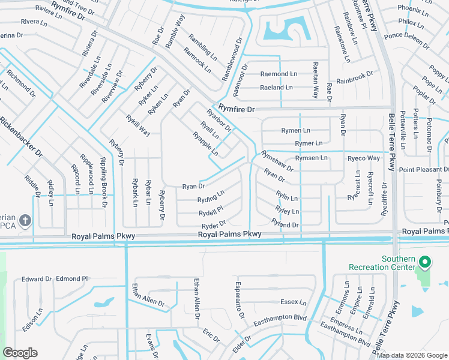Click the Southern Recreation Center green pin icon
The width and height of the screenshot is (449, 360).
click(x=425, y=262)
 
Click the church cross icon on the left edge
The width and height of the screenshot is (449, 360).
click(x=25, y=220)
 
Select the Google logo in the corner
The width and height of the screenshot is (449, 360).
click(x=20, y=353)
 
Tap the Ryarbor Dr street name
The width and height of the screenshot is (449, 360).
click(x=219, y=119)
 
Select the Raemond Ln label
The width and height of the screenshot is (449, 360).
click(x=278, y=74)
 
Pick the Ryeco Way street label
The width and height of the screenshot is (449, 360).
click(x=364, y=158)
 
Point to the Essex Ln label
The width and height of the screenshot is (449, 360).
click(x=294, y=302)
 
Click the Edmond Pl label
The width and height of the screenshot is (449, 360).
click(x=71, y=279)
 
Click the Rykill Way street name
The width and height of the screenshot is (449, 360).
click(x=138, y=125)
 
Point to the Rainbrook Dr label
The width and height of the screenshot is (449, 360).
click(x=355, y=78)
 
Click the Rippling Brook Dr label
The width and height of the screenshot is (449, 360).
click(x=103, y=175)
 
